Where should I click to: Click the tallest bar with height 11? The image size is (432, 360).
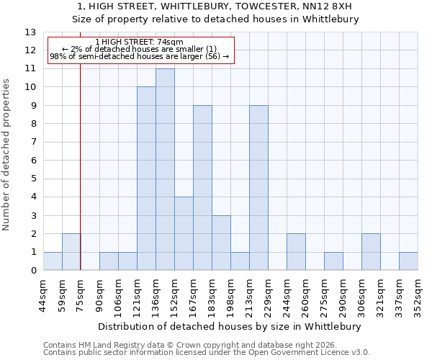[165, 169]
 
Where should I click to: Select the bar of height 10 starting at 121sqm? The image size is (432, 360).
[146, 179]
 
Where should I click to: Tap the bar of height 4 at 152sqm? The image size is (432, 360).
[184, 233]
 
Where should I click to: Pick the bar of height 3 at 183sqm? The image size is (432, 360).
[221, 243]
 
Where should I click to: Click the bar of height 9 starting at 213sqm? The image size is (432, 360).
[258, 188]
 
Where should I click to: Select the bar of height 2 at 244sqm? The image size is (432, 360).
[296, 252]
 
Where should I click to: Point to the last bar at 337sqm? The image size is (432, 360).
[408, 261]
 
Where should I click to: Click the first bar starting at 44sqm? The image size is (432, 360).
[53, 261]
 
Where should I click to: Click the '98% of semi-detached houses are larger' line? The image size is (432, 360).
[139, 56]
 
